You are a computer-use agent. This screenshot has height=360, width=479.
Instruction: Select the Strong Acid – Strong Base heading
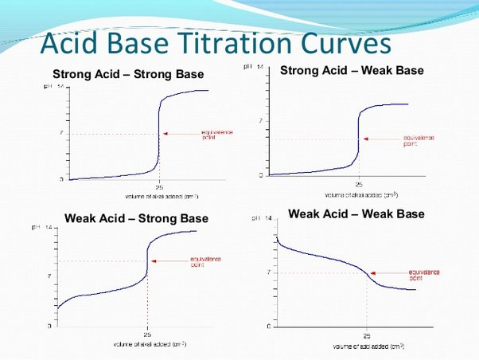pos(127,75)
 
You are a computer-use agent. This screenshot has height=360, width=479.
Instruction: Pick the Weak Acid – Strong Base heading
pos(136,218)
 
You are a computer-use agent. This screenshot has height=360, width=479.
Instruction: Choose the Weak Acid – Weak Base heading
pos(356,213)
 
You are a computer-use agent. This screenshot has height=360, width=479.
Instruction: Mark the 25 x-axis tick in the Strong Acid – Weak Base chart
pos(358,183)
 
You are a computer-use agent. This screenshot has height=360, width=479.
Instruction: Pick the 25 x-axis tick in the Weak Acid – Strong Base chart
pos(147,335)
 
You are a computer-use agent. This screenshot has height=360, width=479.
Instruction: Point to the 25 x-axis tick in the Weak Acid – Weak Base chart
pos(367,336)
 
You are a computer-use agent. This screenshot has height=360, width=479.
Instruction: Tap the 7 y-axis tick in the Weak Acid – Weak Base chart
pos(269,272)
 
